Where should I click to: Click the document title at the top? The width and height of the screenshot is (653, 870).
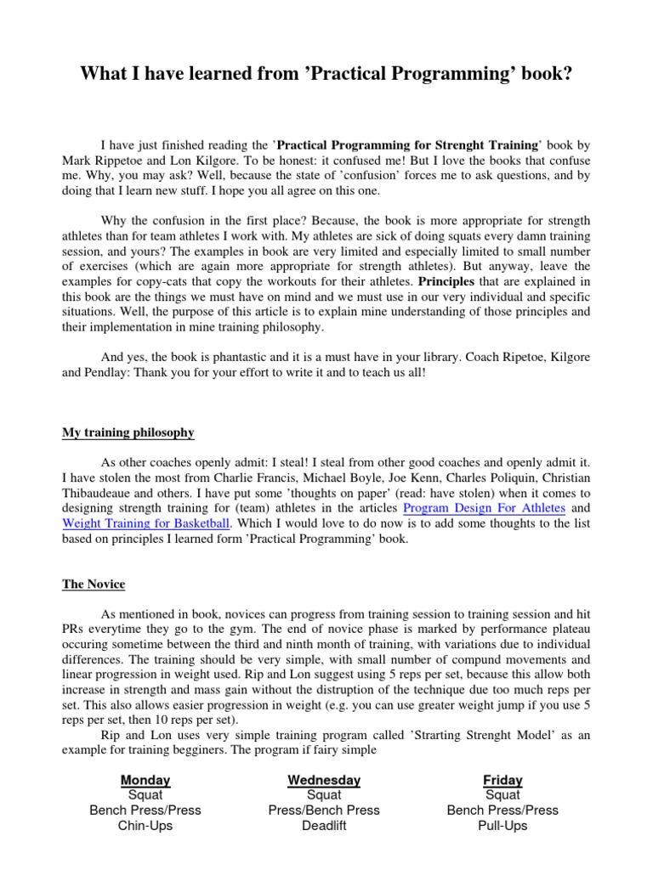coord(326,75)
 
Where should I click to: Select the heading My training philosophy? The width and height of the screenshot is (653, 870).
coord(128,432)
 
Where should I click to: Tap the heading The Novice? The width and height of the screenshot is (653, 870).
coord(94,584)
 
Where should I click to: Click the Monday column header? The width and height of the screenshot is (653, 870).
coord(145,779)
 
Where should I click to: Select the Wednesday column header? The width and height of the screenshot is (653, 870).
coord(324,779)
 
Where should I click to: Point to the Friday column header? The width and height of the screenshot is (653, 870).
coord(503,779)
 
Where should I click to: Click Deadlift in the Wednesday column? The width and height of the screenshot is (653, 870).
coord(324,825)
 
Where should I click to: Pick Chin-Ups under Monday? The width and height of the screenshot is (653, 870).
coord(145,825)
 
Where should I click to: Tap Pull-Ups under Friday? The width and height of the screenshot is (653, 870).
coord(503,825)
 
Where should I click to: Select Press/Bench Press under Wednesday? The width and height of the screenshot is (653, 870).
coord(324,810)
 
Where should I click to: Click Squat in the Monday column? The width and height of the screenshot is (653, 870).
coord(145,794)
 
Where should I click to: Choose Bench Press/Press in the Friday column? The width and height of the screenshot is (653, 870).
coord(503,810)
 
